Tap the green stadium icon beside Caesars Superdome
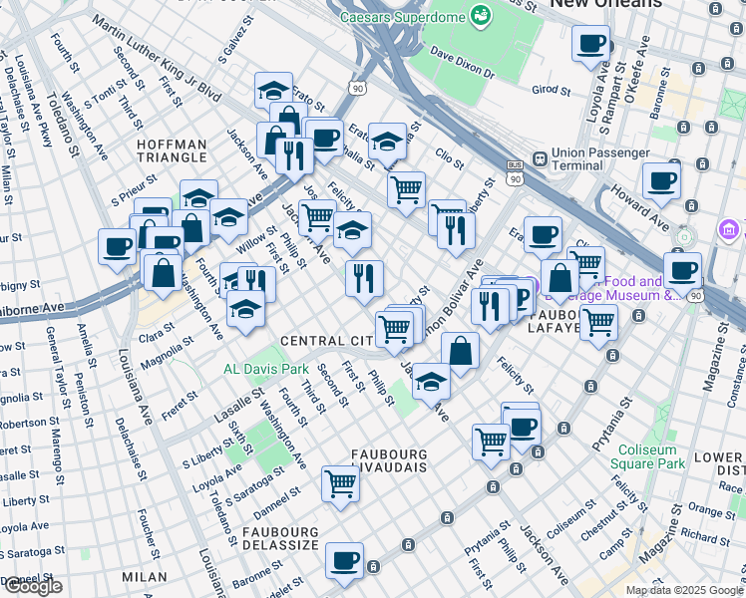482,16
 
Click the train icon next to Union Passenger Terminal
540,157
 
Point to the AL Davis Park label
265,369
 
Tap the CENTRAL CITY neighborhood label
327,341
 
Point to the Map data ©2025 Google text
683,590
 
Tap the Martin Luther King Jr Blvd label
155,55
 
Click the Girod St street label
551,90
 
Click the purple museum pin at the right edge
728,230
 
